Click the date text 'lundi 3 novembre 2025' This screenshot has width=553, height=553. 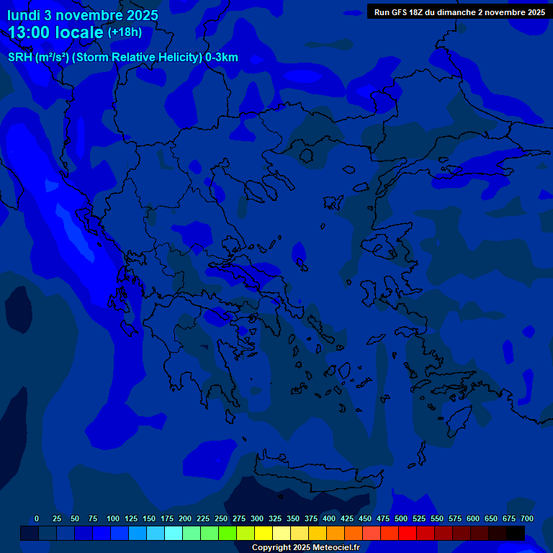pos(83,15)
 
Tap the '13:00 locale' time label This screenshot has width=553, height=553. pos(56,32)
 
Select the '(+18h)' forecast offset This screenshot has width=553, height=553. pos(125,32)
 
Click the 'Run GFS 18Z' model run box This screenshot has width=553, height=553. pos(459,12)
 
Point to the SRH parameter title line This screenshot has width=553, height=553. pos(122,58)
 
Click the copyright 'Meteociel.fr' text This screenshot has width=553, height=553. pos(305,548)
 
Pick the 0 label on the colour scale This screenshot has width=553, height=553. pos(37,519)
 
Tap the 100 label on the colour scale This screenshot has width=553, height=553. pos(113,519)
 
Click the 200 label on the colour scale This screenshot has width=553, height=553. pos(185,519)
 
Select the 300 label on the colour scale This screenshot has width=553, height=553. pos(257,519)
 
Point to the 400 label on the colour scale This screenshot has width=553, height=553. pos(329,519)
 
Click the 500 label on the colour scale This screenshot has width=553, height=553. pos(401,519)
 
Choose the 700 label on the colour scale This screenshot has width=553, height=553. pos(527,519)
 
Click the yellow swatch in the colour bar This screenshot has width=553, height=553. pos(264,534)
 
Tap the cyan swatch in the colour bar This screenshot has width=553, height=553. pos(174,534)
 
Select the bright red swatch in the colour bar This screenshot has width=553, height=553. pos(408,534)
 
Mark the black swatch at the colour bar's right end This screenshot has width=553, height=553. pos(516,534)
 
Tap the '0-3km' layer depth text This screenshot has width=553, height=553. pos(222,58)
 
